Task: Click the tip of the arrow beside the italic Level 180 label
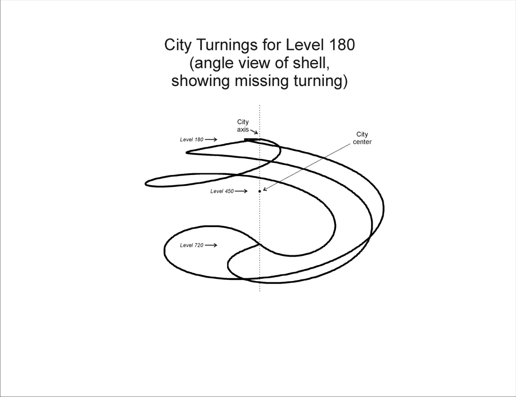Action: [217, 139]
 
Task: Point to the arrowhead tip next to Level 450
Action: [248, 191]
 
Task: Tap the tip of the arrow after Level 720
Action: [217, 245]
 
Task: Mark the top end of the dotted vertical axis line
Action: [260, 106]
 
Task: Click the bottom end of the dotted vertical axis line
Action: [260, 291]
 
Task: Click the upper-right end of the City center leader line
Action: [350, 143]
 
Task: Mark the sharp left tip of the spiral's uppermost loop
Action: [186, 153]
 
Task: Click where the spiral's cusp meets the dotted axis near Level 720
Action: [260, 244]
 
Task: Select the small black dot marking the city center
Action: [260, 191]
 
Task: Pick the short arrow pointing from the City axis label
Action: [254, 132]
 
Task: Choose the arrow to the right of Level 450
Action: [241, 191]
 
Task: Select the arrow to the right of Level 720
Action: [211, 245]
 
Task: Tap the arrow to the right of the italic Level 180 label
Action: [211, 139]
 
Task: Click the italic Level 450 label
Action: [222, 191]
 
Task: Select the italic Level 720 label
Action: [191, 245]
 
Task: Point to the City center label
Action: [362, 138]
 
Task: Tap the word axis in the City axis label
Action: [243, 130]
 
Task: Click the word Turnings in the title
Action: [226, 45]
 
